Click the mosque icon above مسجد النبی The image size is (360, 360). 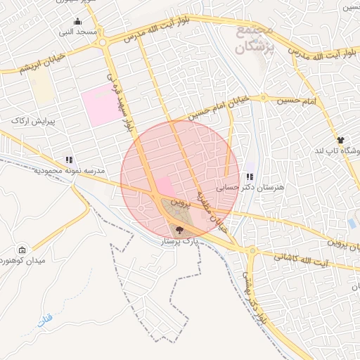coord(78,22)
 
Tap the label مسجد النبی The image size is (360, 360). coord(77,32)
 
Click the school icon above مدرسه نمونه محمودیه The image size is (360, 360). coord(69,160)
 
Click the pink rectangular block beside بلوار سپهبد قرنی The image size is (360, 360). coord(101,106)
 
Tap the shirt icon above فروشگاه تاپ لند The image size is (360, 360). coord(340,140)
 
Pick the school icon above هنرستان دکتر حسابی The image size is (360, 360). coord(250,176)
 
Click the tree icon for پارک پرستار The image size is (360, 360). coord(180,230)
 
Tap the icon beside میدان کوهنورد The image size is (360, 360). coord(22,250)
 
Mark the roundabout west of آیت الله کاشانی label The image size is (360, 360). coord(250,250)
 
